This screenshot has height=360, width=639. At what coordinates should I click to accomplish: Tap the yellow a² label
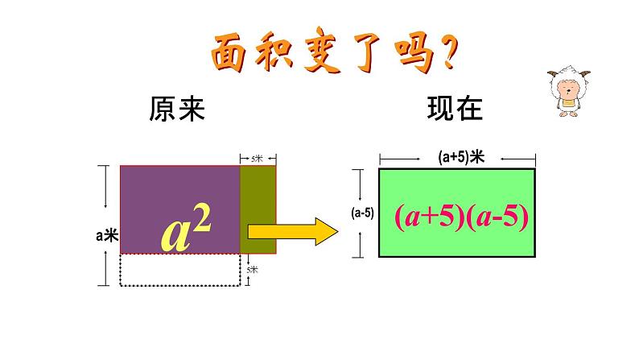(186, 231)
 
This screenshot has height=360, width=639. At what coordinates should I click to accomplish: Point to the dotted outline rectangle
(179, 270)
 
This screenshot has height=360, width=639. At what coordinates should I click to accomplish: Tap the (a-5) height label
(361, 213)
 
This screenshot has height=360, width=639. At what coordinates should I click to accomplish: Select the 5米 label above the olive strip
(258, 159)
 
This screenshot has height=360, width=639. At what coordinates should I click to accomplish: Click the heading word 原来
(177, 109)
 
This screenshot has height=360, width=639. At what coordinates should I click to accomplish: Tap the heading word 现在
(455, 109)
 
